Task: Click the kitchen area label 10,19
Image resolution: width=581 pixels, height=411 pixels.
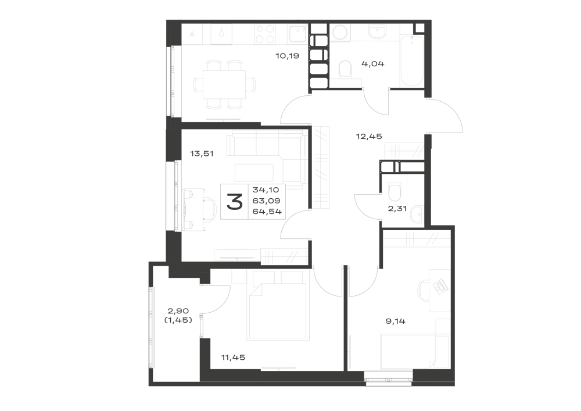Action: click(287, 56)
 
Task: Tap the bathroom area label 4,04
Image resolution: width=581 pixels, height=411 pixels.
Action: click(373, 64)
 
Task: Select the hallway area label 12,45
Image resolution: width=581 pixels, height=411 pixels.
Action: click(369, 137)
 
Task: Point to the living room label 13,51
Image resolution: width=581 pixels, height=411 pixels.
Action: click(202, 153)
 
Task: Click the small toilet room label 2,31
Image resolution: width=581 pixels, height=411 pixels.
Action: click(397, 209)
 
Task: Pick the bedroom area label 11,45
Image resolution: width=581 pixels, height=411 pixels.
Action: click(233, 358)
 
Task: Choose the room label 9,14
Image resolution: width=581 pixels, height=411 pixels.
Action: click(395, 321)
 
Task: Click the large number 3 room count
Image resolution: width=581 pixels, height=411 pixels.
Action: click(235, 202)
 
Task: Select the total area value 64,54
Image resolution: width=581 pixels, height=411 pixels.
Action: click(267, 212)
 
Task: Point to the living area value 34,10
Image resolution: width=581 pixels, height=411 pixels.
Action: click(266, 190)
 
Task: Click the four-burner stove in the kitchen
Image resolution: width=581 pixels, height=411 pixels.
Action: click(265, 34)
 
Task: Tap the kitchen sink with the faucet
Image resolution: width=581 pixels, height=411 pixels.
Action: click(297, 34)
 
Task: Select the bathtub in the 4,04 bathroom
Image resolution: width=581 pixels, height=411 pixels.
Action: click(412, 61)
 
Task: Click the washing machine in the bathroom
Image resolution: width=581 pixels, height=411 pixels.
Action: click(339, 33)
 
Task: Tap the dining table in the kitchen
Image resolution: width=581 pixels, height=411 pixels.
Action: click(224, 85)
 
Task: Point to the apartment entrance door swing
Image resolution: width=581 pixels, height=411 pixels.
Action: click(445, 115)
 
